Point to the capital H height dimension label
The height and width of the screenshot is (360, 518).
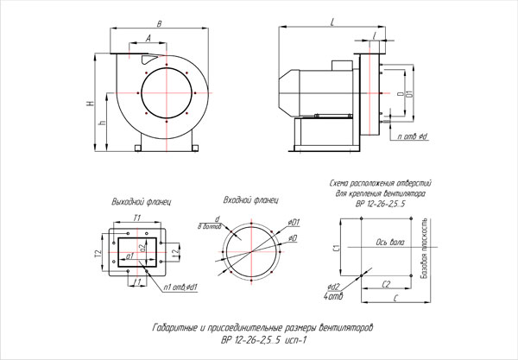(90, 104)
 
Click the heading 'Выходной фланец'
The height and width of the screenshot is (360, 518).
(136, 200)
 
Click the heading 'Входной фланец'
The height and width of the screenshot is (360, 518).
(245, 199)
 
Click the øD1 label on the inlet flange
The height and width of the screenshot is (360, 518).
(294, 221)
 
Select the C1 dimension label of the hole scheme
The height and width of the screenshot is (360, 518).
(337, 249)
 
